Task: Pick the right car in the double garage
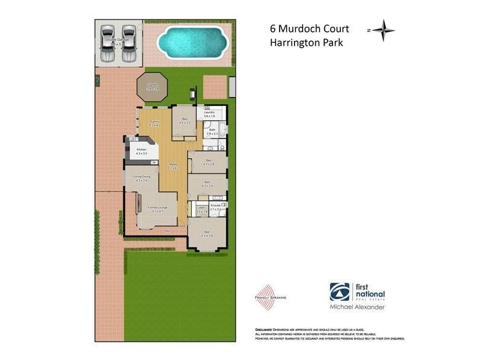(129, 44)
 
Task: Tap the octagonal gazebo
(151, 88)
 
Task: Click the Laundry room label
(209, 113)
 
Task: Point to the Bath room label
(212, 130)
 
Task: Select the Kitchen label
(142, 149)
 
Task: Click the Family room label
(154, 122)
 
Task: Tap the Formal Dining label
(141, 177)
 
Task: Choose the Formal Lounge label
(159, 208)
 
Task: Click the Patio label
(169, 230)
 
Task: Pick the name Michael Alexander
(357, 307)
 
